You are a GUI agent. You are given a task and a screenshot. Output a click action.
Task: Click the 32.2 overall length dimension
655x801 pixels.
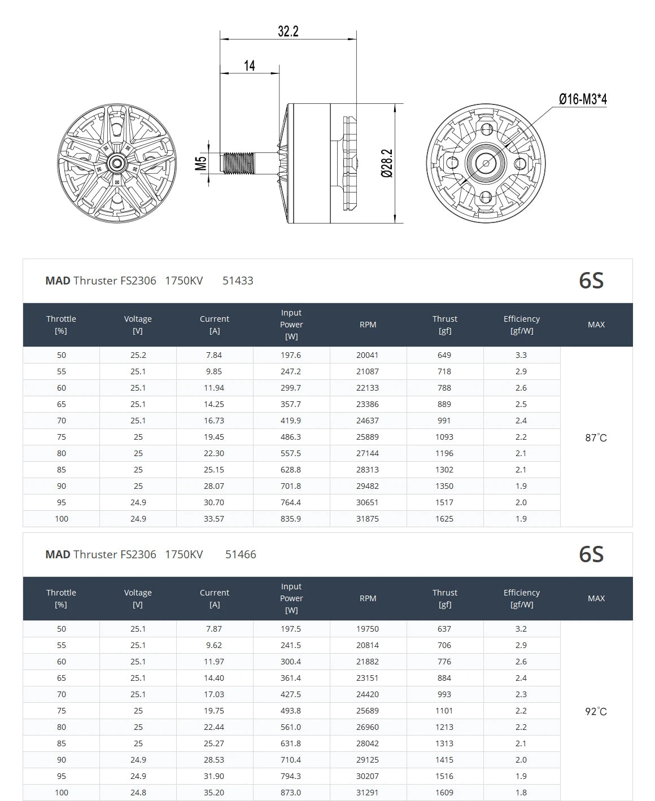pos(288,31)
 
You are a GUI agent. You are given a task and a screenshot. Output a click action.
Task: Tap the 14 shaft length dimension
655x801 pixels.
pos(249,66)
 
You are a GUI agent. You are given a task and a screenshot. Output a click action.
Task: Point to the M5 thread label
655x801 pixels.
pos(201,163)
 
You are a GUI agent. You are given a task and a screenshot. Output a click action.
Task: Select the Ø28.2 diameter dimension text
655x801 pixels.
pos(387,163)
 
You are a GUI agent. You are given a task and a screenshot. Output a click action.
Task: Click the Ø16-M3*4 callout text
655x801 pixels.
pos(583,99)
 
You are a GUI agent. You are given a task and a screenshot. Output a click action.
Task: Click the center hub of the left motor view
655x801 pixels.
pos(117,163)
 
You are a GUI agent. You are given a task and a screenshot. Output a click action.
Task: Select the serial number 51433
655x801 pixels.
pos(238,281)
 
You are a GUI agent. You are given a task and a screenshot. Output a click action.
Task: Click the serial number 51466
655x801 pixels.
pos(241,554)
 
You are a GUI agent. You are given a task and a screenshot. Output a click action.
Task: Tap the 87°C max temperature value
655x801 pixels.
pos(596,438)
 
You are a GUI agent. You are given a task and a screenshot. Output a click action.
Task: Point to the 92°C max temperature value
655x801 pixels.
pos(596,712)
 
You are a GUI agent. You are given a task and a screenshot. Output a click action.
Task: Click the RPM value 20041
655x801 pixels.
pos(368,355)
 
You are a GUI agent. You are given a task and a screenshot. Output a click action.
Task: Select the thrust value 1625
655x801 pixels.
pos(444,519)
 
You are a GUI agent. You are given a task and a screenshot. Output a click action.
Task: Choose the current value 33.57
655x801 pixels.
pos(214,519)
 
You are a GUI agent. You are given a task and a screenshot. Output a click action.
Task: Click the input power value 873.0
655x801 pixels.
pos(291,793)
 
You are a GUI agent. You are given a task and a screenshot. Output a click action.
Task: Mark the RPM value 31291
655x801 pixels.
pos(368,793)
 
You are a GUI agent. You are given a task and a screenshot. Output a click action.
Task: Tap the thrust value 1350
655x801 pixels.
pos(444,486)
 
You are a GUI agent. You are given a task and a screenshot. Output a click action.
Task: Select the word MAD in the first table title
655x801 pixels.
pos(58,281)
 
